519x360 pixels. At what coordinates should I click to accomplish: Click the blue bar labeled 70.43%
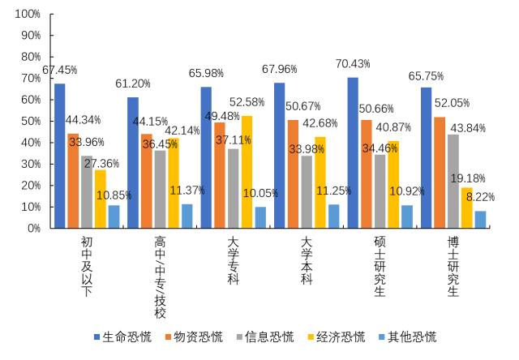353,153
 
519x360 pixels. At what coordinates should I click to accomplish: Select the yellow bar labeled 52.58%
246,172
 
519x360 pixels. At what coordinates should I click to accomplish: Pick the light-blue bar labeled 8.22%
481,219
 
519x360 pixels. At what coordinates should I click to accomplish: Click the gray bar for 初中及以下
87,192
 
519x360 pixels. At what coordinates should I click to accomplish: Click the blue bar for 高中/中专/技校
133,163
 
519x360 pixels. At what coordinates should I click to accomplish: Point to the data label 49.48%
223,116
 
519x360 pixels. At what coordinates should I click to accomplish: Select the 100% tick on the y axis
28,15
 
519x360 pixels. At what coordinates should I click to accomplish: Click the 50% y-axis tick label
30,122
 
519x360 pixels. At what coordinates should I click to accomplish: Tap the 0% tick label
32,229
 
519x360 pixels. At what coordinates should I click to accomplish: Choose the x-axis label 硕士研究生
379,268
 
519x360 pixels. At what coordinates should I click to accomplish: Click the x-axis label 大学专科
233,262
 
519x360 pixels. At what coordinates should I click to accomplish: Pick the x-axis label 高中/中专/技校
160,276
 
